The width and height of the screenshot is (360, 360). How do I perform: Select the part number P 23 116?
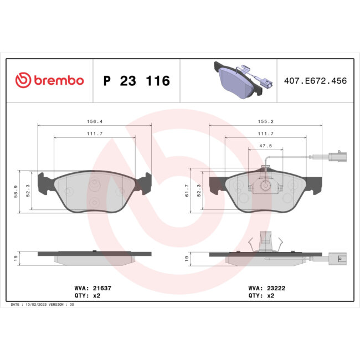[x=137, y=81]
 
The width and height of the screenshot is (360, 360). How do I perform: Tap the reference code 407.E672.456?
[x=315, y=81]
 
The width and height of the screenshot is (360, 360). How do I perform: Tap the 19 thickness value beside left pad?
[x=17, y=258]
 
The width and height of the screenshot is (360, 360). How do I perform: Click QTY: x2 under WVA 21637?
[x=88, y=296]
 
